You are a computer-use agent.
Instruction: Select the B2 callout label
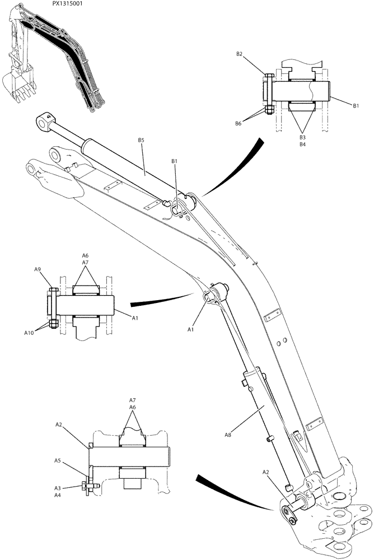[240, 54]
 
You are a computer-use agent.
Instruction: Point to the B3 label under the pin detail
[302, 137]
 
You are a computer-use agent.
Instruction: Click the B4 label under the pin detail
[302, 144]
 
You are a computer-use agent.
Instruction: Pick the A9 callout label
[38, 269]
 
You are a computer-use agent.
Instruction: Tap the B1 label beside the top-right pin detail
[356, 105]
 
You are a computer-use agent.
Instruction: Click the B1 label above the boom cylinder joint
[174, 161]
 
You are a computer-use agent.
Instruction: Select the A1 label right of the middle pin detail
[135, 318]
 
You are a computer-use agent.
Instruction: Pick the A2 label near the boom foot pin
[267, 473]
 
